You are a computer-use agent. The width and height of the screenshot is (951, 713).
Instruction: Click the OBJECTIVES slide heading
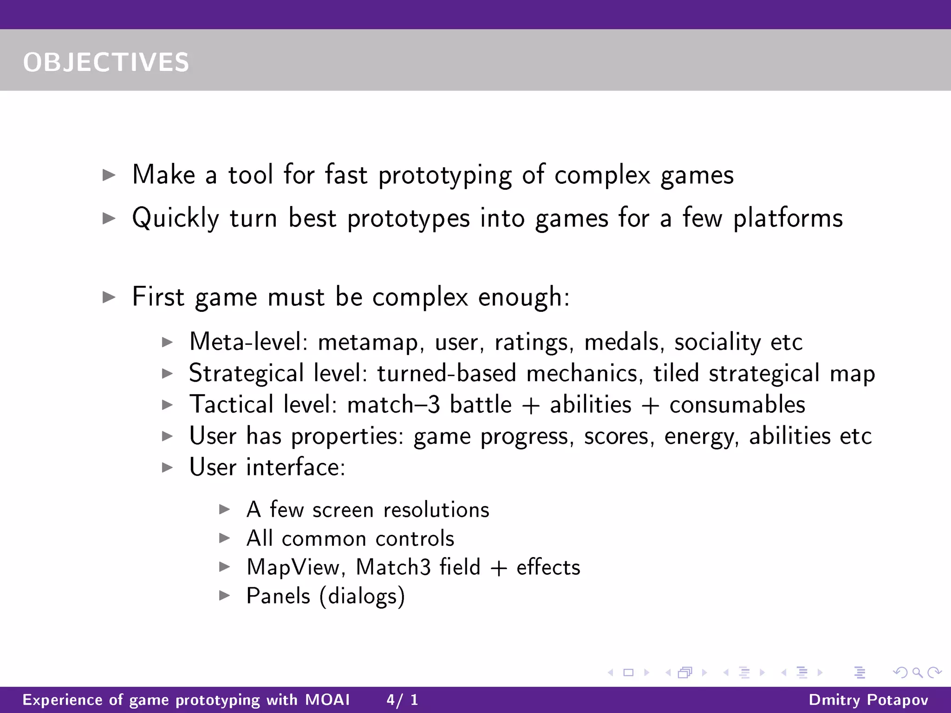pos(106,62)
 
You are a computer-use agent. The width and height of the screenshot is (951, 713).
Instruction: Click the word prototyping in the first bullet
pos(445,175)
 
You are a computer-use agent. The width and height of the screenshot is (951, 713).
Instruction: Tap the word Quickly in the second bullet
pos(176,218)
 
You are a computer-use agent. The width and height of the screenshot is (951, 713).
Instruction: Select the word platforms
pos(788,218)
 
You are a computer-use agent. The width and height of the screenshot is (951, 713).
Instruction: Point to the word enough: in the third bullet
pos(523,297)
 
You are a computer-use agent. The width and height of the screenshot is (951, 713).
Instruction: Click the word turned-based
pos(446,374)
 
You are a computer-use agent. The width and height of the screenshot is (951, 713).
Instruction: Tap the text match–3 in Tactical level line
pos(393,405)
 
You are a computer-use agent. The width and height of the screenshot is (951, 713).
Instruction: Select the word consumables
pos(737,405)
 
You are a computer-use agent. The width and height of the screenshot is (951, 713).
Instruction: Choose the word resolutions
pos(436,510)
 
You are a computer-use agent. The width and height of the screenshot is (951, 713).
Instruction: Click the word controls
pos(414,539)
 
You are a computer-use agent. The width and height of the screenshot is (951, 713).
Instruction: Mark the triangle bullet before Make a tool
pos(109,175)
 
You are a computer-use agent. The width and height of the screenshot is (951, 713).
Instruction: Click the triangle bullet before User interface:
pos(167,467)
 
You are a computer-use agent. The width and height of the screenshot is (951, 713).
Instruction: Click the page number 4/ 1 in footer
pos(402,700)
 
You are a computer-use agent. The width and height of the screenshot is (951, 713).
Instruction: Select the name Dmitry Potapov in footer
pos(868,700)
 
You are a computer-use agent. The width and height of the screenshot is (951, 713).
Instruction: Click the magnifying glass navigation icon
pos(917,672)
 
